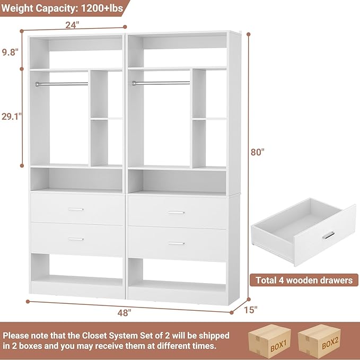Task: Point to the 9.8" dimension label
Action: coord(10,52)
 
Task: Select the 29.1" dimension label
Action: coord(11,117)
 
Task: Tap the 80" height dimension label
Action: coord(258,152)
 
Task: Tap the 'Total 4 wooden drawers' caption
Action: coord(304,280)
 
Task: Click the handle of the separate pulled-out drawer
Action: coord(329,235)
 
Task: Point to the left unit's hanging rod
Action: coord(62,83)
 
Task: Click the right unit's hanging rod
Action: coord(161,83)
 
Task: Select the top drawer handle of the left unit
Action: coord(76,209)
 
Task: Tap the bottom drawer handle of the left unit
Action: coord(76,239)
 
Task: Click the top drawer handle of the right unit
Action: coord(176,213)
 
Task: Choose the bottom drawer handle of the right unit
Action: coord(176,243)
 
